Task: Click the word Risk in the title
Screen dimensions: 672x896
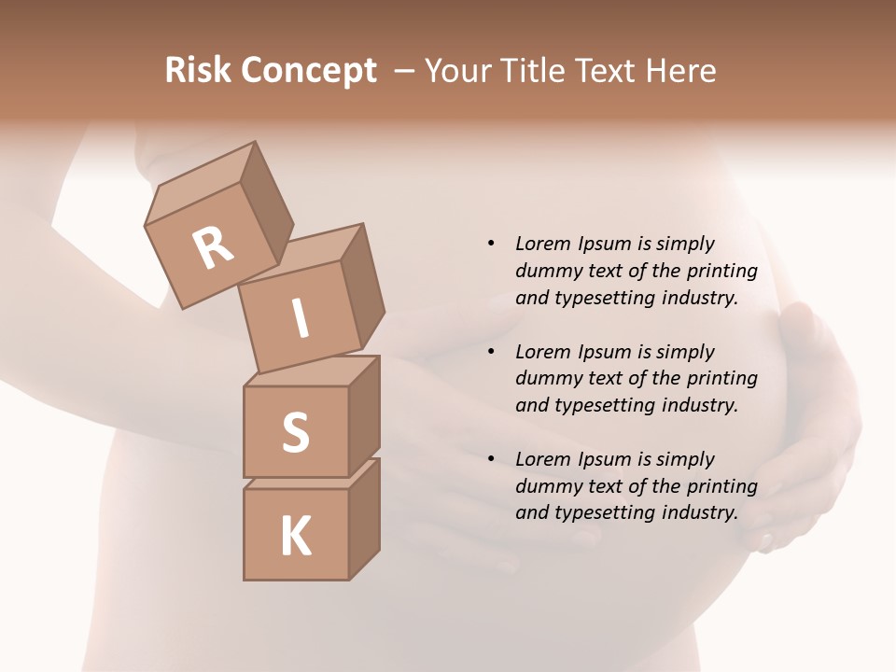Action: [x=198, y=71]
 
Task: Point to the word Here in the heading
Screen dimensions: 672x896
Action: [x=682, y=71]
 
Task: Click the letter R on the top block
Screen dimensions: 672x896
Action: [x=213, y=248]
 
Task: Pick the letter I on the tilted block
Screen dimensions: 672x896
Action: [x=301, y=319]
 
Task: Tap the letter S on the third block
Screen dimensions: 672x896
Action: [x=295, y=433]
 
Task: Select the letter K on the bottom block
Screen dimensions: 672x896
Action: [x=295, y=537]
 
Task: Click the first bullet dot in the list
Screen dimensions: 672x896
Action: [x=491, y=244]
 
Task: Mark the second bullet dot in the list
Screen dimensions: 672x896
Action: [x=491, y=352]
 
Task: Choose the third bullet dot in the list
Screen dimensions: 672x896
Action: [x=491, y=459]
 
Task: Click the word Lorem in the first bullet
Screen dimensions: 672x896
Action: [x=541, y=244]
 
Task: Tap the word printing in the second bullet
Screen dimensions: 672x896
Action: [x=722, y=379]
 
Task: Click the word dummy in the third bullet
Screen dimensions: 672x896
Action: [x=546, y=486]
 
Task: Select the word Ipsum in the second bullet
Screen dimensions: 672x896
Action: [x=602, y=352]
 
